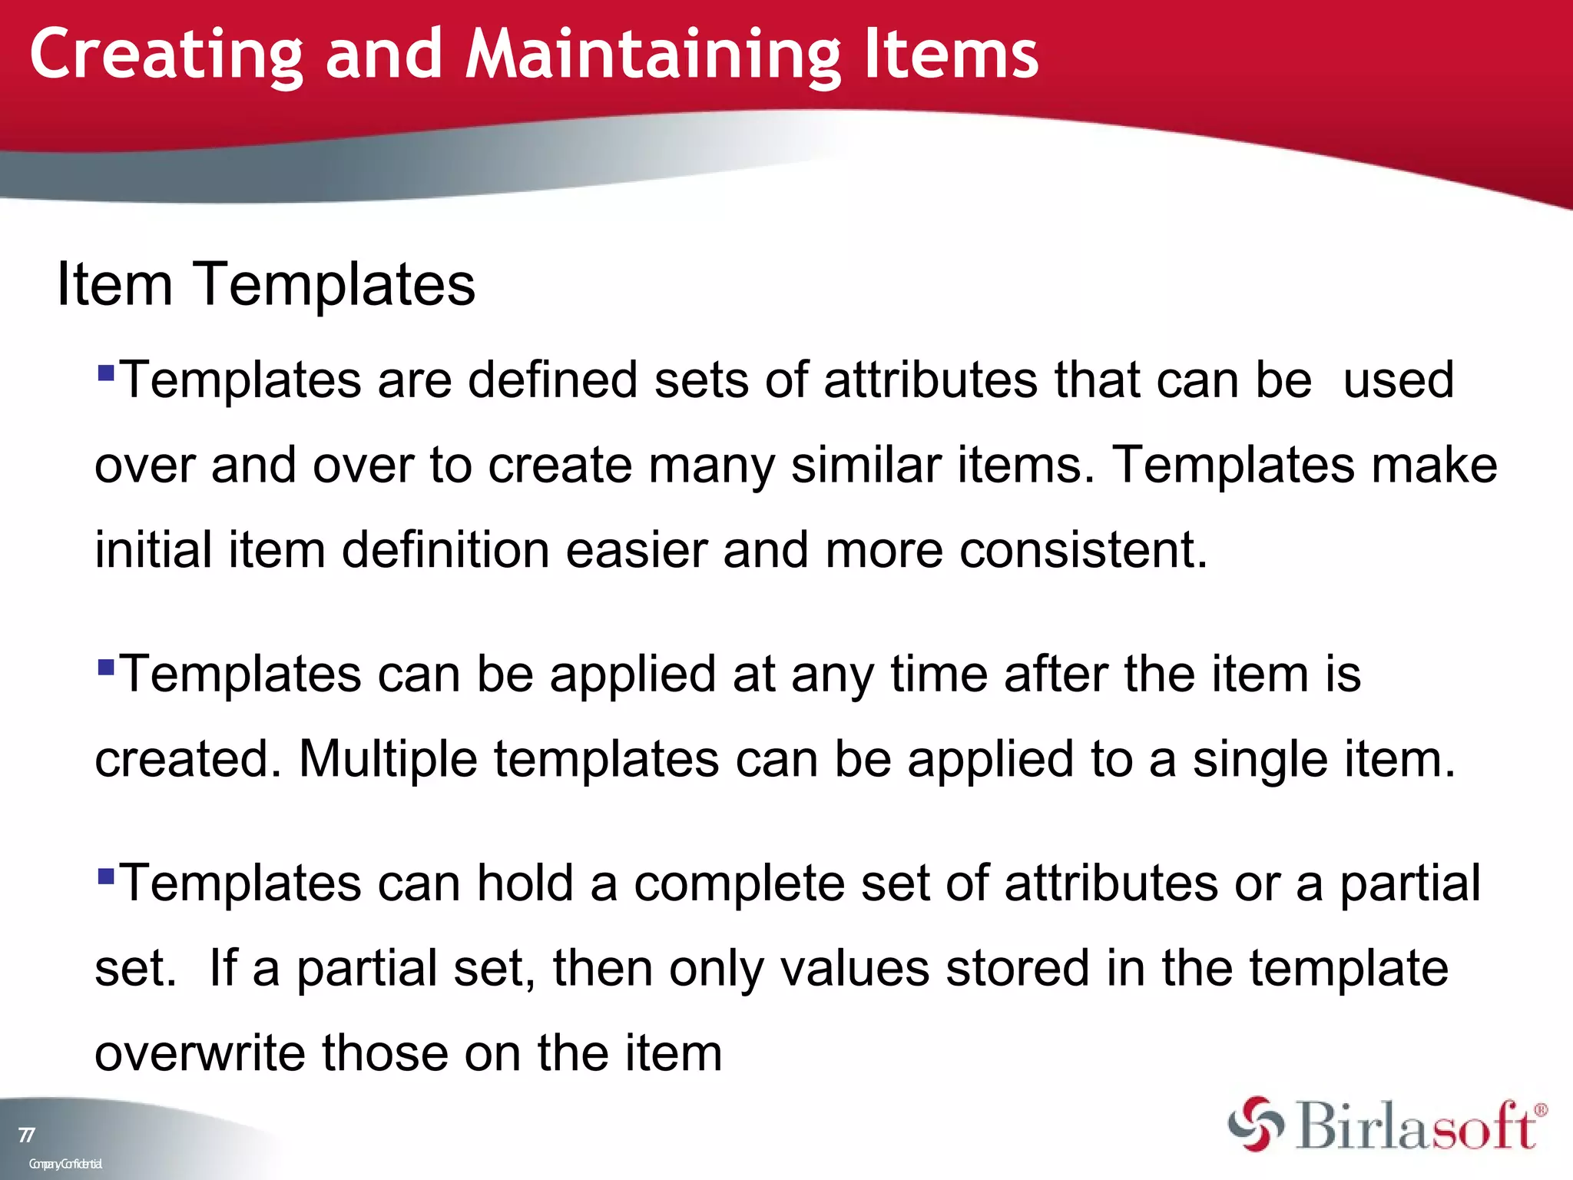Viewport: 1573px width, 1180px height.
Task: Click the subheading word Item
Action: (114, 284)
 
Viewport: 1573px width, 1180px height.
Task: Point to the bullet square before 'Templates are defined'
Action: (106, 373)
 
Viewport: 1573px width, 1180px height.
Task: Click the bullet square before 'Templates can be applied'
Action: (106, 666)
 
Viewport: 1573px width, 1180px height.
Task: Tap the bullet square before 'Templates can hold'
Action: (106, 875)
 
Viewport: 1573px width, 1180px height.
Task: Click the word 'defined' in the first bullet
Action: (552, 380)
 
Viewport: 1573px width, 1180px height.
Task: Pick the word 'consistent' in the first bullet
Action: (1083, 550)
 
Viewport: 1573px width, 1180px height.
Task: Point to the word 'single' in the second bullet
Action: (1260, 759)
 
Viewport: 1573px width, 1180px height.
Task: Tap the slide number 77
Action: (26, 1135)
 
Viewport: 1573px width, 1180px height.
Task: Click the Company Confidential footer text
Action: (65, 1164)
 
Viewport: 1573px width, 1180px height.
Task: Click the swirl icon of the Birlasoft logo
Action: (1255, 1125)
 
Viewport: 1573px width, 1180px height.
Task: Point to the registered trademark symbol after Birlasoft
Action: (1540, 1110)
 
